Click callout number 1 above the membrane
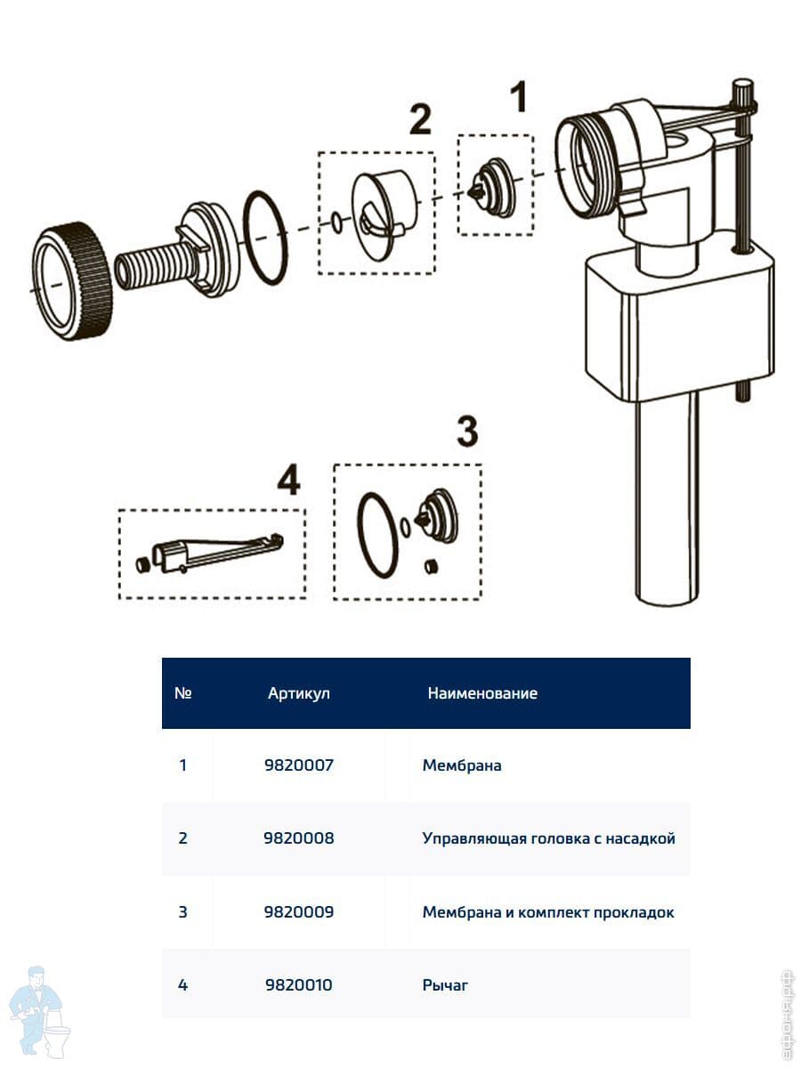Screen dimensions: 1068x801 pos(517,98)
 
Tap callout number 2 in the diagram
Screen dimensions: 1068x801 pos(419,120)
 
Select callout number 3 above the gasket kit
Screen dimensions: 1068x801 pos(466,433)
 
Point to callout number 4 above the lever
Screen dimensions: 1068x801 pos(287,481)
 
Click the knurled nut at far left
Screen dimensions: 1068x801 pos(71,280)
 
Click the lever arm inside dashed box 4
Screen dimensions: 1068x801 pos(222,553)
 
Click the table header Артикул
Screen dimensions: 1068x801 pos(299,693)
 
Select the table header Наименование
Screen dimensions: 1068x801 pos(482,693)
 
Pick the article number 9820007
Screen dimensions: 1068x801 pos(299,765)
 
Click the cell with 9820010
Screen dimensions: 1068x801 pos(299,984)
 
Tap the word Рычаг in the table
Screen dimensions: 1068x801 pos(445,984)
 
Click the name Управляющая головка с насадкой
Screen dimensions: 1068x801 pos(548,838)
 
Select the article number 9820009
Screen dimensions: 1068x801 pos(299,912)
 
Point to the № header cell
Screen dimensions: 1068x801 pos(183,693)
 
